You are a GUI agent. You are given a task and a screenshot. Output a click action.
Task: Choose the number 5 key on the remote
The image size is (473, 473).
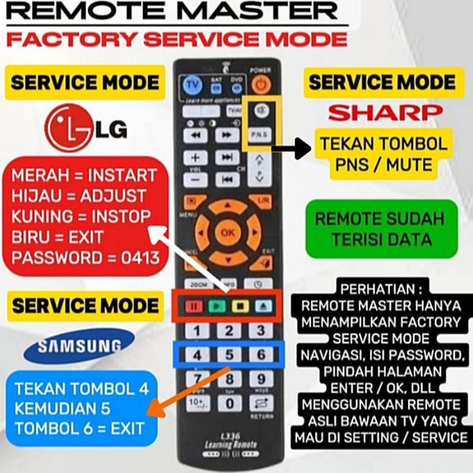click(229, 355)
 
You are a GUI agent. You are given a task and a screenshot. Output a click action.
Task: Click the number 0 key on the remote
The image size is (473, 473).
click(229, 403)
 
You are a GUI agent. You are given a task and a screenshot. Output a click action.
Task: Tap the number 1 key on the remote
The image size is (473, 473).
click(197, 331)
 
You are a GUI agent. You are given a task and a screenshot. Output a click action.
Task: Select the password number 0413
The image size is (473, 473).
click(139, 258)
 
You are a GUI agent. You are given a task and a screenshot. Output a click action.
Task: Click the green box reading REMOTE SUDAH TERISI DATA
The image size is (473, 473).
click(381, 229)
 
